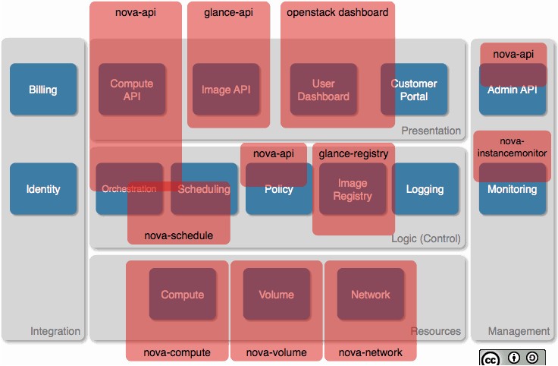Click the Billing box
[x=43, y=89]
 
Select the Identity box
[x=43, y=189]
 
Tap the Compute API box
[x=132, y=89]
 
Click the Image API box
[x=226, y=89]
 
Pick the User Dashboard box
[x=324, y=89]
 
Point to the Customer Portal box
[x=414, y=89]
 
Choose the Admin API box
[x=513, y=89]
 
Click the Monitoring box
[x=513, y=189]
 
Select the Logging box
[x=425, y=189]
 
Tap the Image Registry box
[x=353, y=189]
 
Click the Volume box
[x=277, y=294]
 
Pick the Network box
[x=371, y=294]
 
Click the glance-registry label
[x=353, y=153]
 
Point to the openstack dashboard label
[x=337, y=12]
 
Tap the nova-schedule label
[x=179, y=235]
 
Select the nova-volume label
[x=277, y=352]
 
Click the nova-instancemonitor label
[x=512, y=147]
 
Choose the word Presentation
[x=431, y=131]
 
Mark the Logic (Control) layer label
[x=426, y=238]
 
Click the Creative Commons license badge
[x=513, y=358]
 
